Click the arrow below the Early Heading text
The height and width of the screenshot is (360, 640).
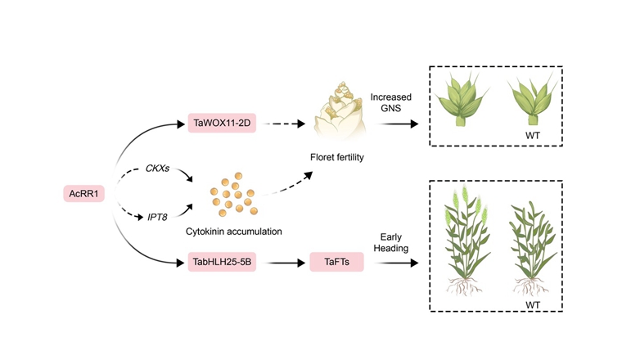click(x=392, y=263)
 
